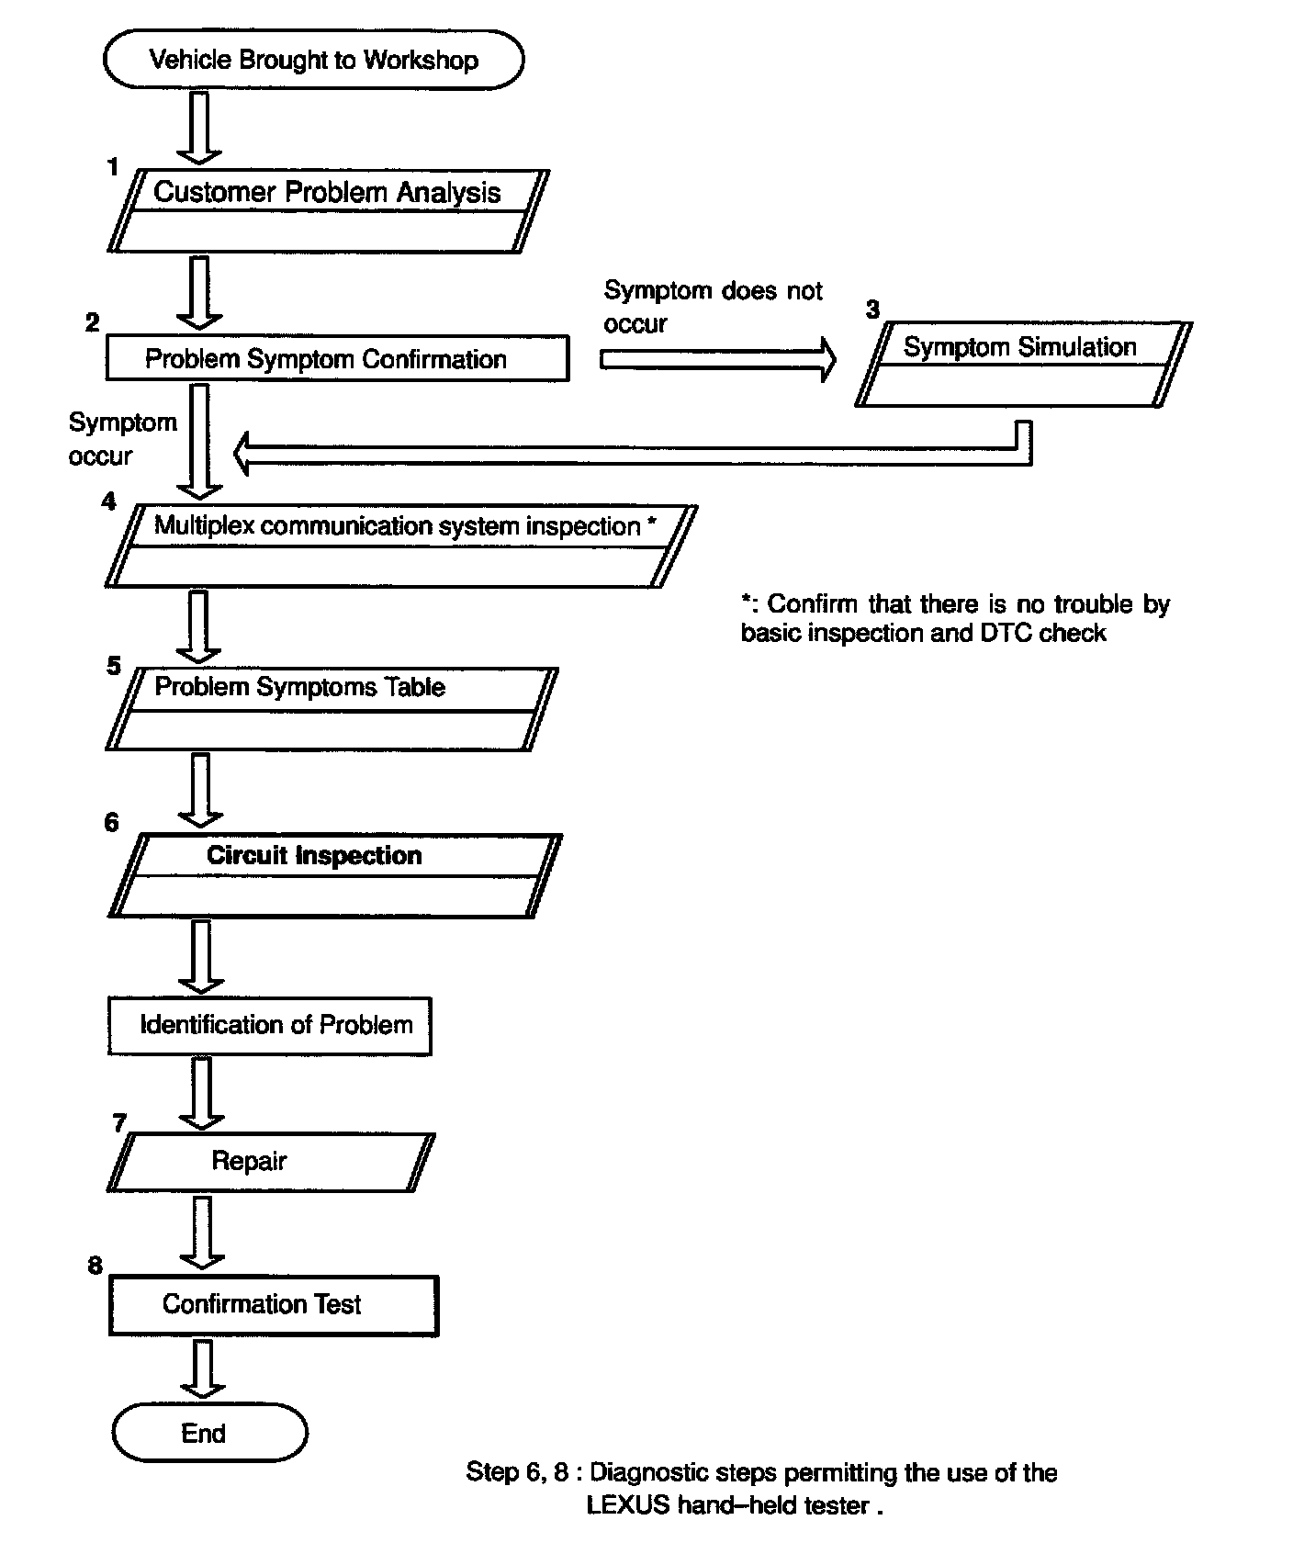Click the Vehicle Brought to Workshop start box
point(314,60)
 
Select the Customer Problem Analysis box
point(328,210)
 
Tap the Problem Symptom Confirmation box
point(337,358)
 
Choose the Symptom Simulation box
point(1022,364)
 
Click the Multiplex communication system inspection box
point(401,545)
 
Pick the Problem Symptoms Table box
point(331,708)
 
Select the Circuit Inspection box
point(334,874)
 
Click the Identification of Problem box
point(270,1025)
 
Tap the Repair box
point(270,1161)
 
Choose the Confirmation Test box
point(273,1304)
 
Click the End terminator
point(209,1433)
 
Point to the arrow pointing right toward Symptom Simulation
point(718,359)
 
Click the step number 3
point(872,310)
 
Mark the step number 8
point(96,1266)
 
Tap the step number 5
point(114,666)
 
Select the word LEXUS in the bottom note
point(628,1505)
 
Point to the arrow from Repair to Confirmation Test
point(200,1231)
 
